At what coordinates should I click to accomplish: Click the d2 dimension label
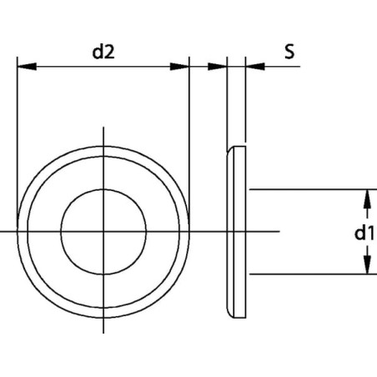tap(103, 52)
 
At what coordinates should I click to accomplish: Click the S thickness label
tap(289, 52)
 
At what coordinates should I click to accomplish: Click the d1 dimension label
tap(364, 233)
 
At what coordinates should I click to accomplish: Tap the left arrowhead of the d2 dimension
tap(27, 67)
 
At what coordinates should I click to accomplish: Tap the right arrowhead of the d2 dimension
tap(179, 67)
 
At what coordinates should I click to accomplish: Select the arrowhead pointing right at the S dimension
tap(218, 67)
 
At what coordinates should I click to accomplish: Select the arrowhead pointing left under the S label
tap(255, 67)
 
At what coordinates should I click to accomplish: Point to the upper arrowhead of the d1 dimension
tap(368, 199)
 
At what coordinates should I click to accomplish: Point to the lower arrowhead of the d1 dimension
tap(368, 264)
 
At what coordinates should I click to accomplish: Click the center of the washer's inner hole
tap(103, 232)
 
